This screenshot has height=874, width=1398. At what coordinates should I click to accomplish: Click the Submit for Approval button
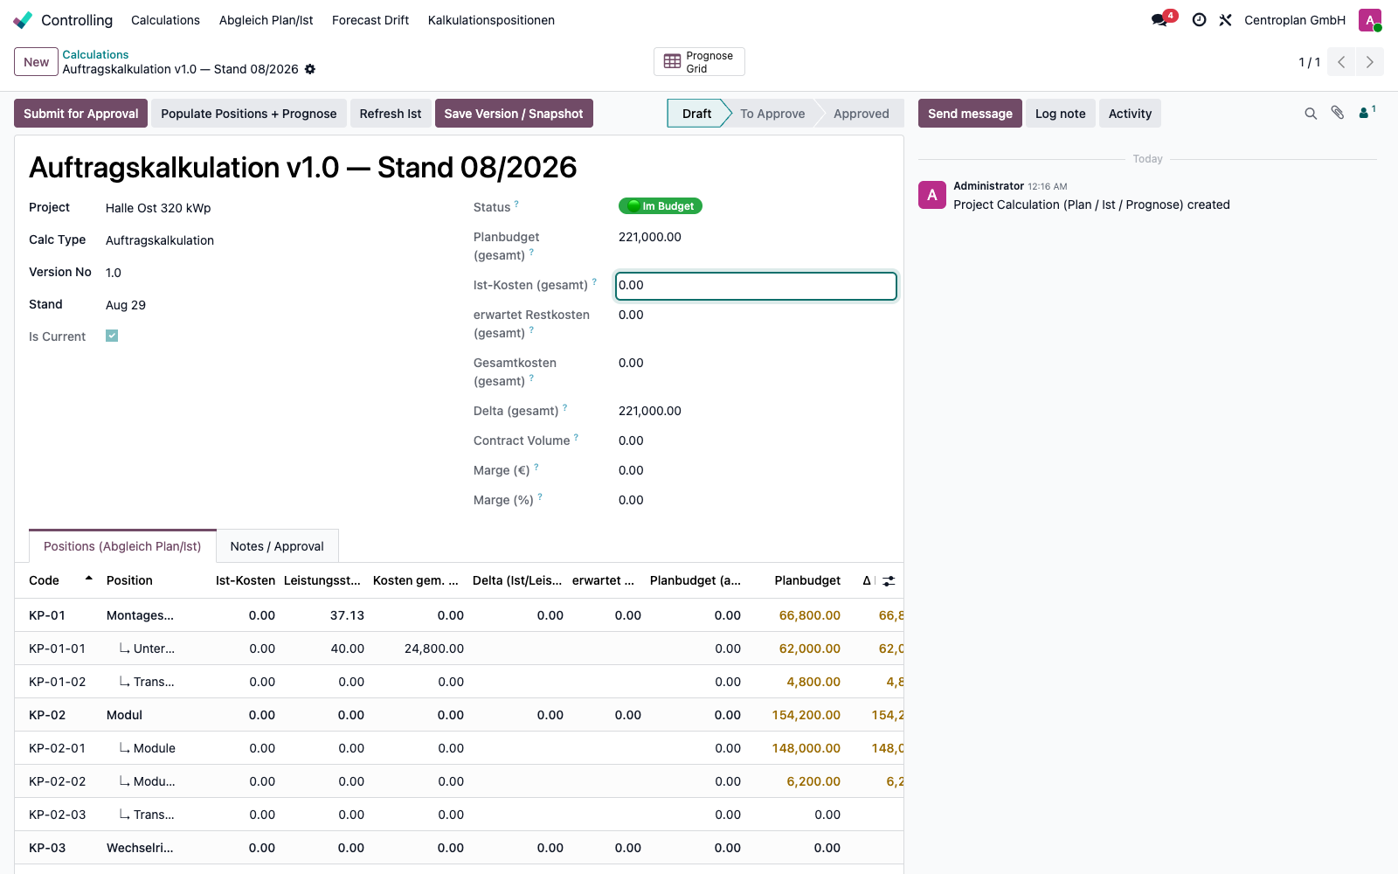click(x=80, y=113)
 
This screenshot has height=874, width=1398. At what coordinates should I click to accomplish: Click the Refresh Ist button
click(x=390, y=113)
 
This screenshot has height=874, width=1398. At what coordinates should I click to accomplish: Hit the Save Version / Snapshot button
click(x=514, y=113)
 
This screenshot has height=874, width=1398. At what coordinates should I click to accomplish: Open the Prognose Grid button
click(x=699, y=62)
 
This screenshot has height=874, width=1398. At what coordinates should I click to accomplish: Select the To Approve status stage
click(x=772, y=113)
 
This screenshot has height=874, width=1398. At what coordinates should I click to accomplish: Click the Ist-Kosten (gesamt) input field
click(x=755, y=285)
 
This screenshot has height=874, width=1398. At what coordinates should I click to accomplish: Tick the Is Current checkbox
click(x=112, y=336)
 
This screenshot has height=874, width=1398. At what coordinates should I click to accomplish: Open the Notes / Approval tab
click(x=277, y=546)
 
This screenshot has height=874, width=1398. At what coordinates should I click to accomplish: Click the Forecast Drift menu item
click(x=370, y=20)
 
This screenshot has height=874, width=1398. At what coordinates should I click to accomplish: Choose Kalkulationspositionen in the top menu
click(x=491, y=20)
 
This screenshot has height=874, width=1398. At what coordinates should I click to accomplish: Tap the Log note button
click(x=1060, y=113)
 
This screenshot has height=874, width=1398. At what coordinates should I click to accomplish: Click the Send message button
click(x=970, y=113)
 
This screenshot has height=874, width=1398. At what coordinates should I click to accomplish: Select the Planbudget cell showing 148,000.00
click(x=806, y=748)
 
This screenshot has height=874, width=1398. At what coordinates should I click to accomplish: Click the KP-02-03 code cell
click(x=57, y=814)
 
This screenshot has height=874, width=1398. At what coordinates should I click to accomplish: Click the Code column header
click(x=44, y=580)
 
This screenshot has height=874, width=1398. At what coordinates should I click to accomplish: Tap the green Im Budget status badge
click(x=661, y=206)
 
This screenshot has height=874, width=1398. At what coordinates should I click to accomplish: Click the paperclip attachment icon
click(x=1337, y=113)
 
